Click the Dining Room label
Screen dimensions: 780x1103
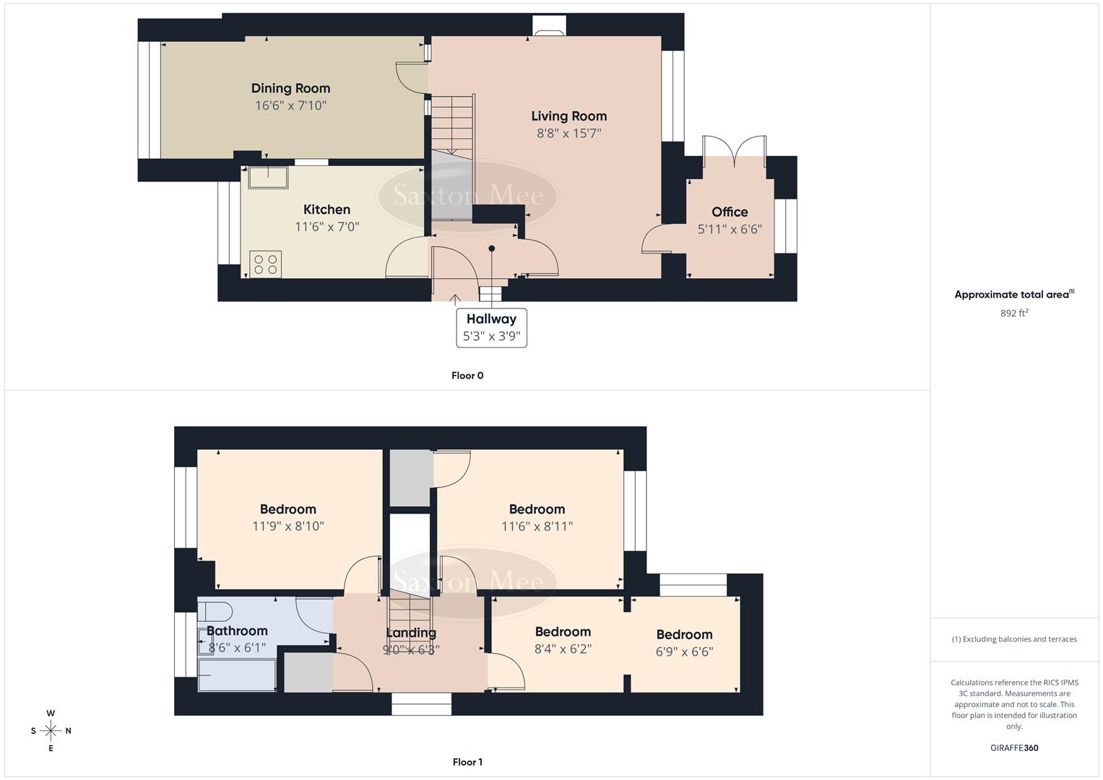[290, 88]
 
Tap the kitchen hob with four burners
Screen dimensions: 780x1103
[265, 264]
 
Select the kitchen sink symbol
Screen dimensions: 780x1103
[268, 177]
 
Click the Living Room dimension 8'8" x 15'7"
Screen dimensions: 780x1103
[568, 134]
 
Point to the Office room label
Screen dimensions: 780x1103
[730, 212]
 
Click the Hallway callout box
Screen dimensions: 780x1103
[491, 328]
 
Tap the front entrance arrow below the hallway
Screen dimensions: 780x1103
[455, 298]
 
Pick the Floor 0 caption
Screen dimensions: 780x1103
[467, 376]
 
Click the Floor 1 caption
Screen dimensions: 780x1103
[467, 762]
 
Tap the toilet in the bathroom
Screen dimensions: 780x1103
[215, 611]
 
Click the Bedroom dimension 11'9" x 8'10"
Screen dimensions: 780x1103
[287, 526]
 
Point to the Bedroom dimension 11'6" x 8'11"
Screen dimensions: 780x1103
[537, 526]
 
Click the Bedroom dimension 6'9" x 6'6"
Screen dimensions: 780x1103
[684, 651]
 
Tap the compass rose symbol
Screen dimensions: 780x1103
[51, 731]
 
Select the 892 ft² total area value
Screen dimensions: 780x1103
[1014, 313]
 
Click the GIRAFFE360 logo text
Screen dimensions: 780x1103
[1014, 748]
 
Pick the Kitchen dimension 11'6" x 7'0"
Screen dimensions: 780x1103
[326, 227]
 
